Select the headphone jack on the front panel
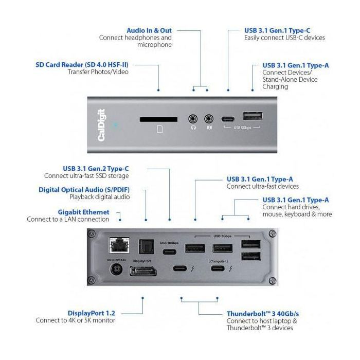click(x=194, y=119)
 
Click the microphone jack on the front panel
click(x=209, y=119)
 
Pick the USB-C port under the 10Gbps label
click(x=169, y=252)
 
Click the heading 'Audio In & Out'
click(x=149, y=30)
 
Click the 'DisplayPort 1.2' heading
click(x=92, y=313)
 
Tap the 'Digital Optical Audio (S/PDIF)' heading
click(x=84, y=190)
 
